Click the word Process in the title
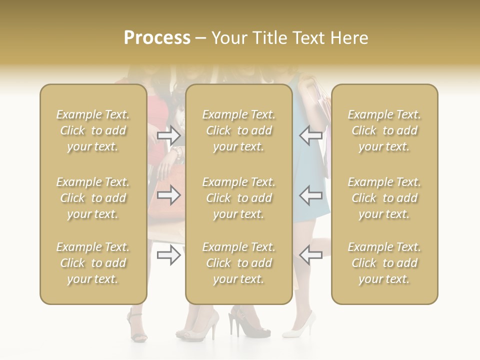(x=157, y=38)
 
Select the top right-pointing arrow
(x=169, y=135)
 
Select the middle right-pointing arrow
(x=169, y=195)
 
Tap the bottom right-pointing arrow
(x=169, y=255)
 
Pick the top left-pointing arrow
(x=310, y=135)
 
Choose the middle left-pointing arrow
(x=310, y=195)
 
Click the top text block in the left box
(x=93, y=130)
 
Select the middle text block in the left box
(x=93, y=198)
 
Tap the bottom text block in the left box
(x=93, y=263)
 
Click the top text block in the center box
(x=238, y=130)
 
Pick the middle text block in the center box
(x=238, y=198)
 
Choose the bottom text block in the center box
(x=238, y=263)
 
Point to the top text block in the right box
(x=384, y=130)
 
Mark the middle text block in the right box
(x=384, y=198)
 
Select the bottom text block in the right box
(x=384, y=263)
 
